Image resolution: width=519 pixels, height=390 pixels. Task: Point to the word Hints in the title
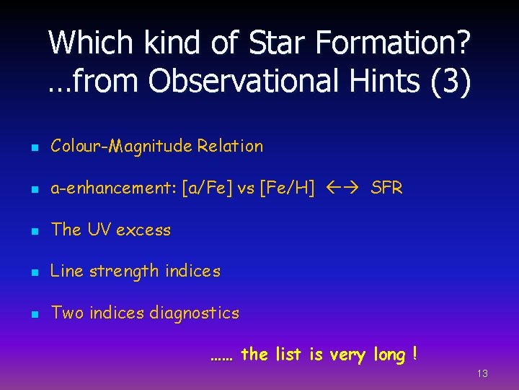coord(377,81)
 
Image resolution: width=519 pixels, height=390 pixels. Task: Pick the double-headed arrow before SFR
coord(343,188)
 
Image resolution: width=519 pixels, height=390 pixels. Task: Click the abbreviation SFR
coord(386,188)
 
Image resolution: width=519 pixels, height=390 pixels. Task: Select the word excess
coord(143,230)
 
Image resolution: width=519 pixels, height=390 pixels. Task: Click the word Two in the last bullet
coord(68,313)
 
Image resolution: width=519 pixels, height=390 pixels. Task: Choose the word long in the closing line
coord(390,355)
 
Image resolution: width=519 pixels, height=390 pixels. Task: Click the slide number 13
coord(482,373)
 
